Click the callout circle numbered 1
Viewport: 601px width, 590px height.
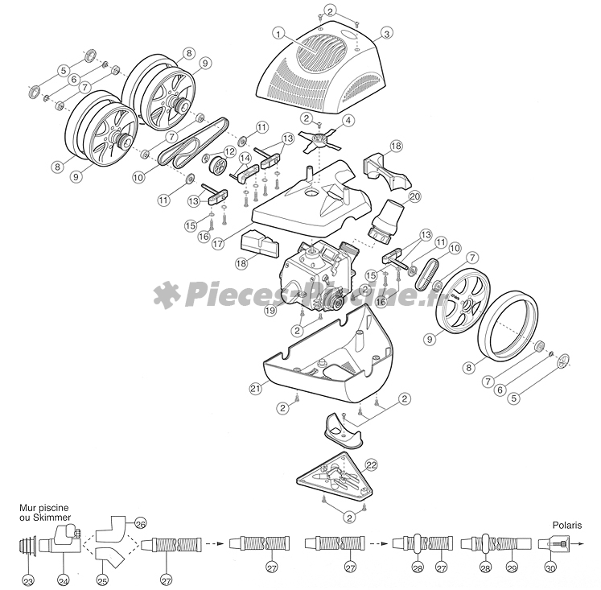tap(278, 33)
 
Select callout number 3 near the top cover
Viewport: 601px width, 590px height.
tap(386, 33)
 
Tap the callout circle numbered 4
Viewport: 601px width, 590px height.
tap(348, 120)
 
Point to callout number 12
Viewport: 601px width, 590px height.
tap(229, 151)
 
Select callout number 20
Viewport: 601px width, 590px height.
tap(414, 196)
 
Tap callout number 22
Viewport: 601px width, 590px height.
tap(371, 465)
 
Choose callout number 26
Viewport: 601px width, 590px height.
tap(139, 522)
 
